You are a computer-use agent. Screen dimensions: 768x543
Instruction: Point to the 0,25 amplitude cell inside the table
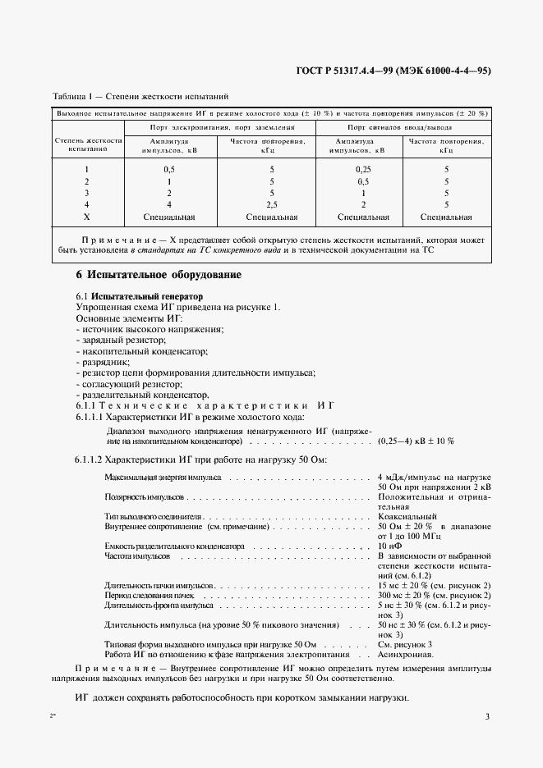pyautogui.click(x=354, y=169)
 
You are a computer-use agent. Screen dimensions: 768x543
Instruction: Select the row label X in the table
pyautogui.click(x=86, y=217)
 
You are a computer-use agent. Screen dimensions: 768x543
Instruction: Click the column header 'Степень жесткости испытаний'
pyautogui.click(x=89, y=145)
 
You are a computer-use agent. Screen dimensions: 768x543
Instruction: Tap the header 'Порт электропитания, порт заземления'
pyautogui.click(x=221, y=128)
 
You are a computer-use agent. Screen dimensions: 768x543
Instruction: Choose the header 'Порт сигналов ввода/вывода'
pyautogui.click(x=399, y=128)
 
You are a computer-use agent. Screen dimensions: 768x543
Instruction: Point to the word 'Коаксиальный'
pyautogui.click(x=407, y=516)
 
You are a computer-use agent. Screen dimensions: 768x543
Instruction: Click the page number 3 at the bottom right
pyautogui.click(x=487, y=716)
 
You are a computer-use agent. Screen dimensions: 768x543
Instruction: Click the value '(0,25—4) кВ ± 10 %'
pyautogui.click(x=416, y=441)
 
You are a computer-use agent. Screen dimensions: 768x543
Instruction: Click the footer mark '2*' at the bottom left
pyautogui.click(x=53, y=716)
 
